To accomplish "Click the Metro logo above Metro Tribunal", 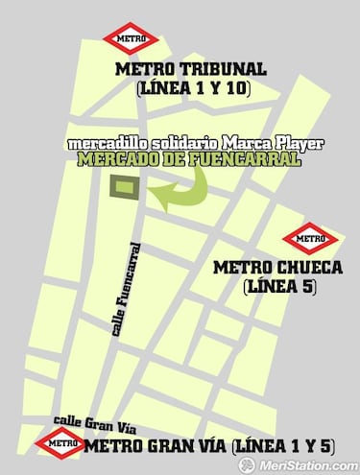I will click(x=132, y=40).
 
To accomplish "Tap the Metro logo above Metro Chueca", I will click(x=310, y=236).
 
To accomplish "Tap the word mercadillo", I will click(x=104, y=145).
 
